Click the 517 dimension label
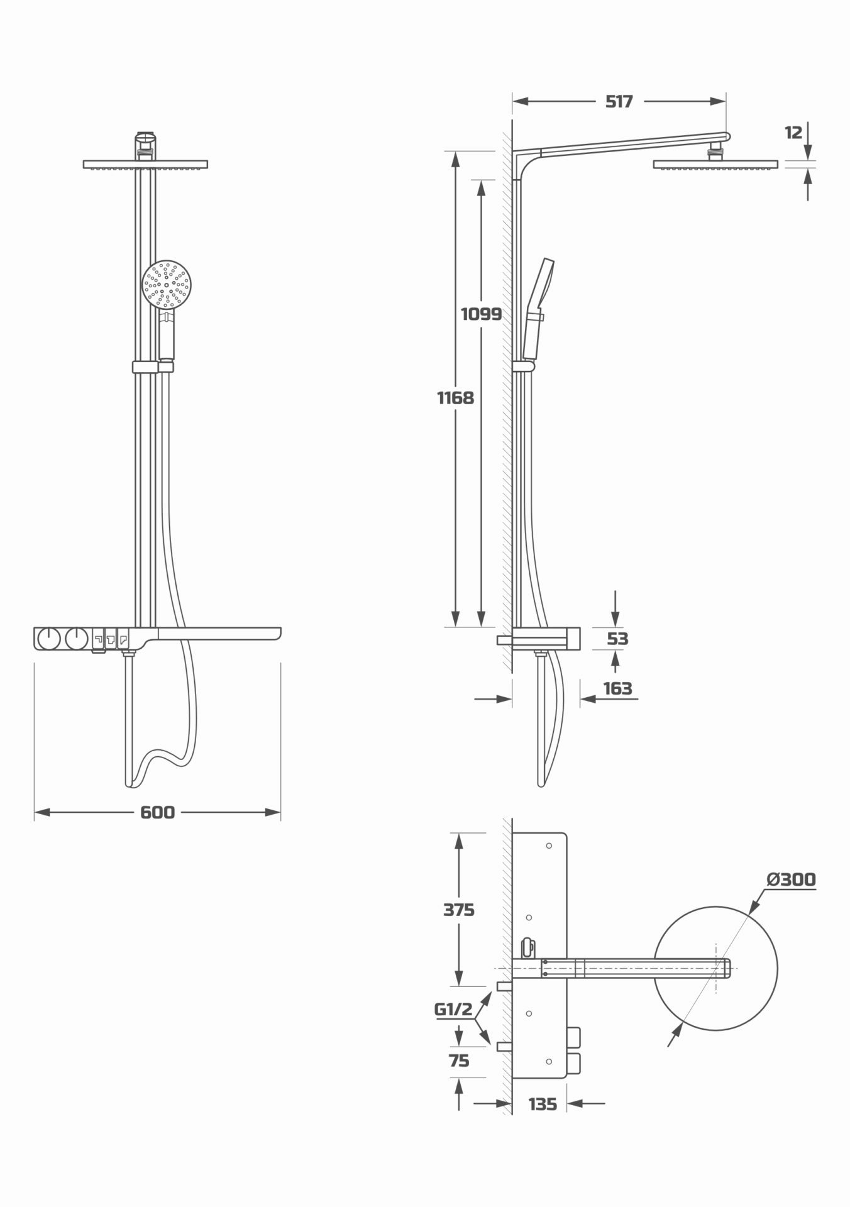619,101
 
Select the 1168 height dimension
456,397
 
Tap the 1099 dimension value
482,314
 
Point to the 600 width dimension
157,812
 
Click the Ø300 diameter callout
791,879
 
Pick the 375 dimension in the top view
459,910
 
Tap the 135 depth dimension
543,1104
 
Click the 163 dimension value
617,688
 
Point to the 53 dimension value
617,639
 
